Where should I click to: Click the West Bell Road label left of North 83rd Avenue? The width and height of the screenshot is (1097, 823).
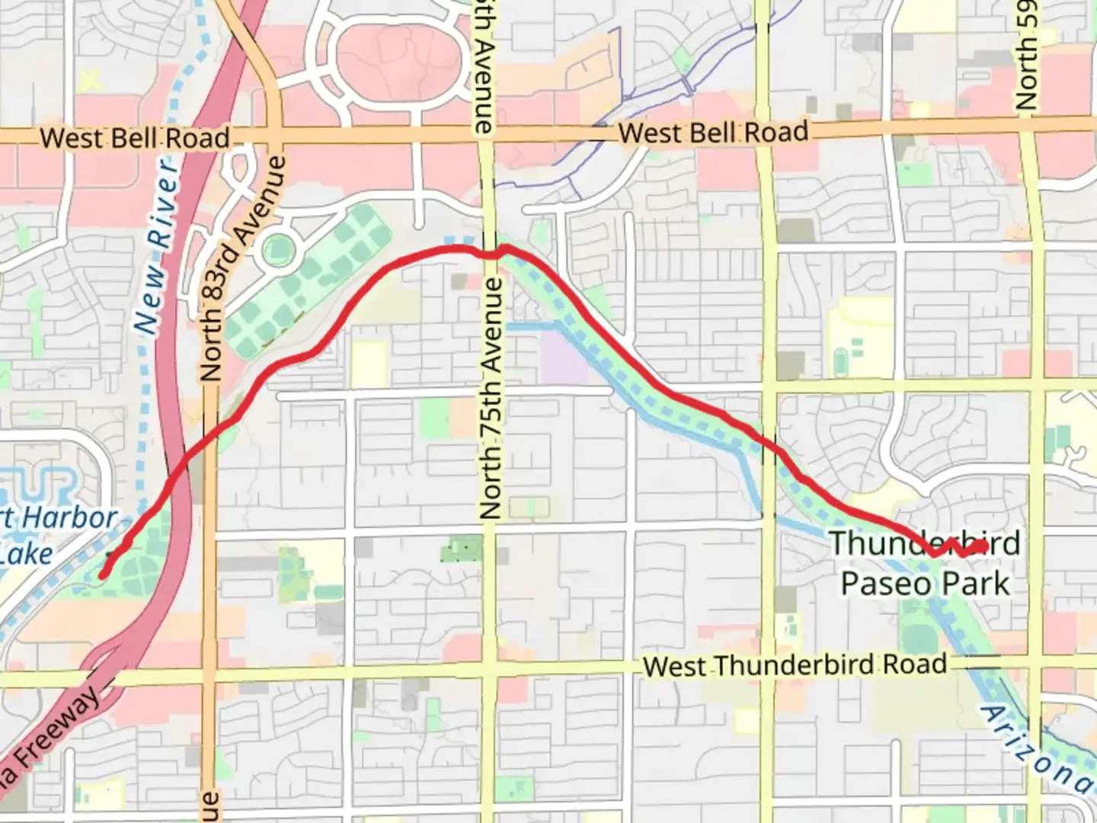[x=135, y=138]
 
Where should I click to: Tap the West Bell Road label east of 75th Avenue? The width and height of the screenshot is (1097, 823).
[x=713, y=133]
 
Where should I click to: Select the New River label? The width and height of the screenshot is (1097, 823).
[x=158, y=245]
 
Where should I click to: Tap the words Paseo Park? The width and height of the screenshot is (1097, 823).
[x=925, y=584]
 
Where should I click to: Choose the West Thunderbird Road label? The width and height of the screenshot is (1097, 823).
[x=795, y=665]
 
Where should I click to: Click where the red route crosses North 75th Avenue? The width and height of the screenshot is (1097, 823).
[x=490, y=254]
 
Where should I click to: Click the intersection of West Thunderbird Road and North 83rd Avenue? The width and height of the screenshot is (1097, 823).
[x=208, y=675]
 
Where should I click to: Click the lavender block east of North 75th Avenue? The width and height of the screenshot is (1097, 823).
[x=563, y=359]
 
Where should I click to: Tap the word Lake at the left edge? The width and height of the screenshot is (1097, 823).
[x=27, y=555]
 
